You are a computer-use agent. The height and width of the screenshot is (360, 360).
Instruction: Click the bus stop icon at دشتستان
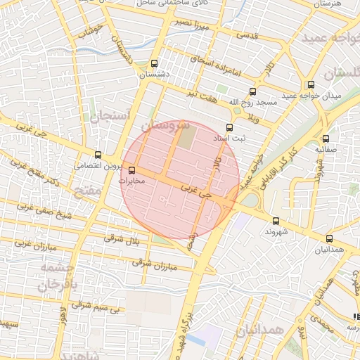click(x=155, y=63)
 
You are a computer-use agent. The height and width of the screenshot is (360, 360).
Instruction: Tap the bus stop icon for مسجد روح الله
click(x=252, y=91)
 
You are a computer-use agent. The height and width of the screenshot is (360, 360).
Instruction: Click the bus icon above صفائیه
click(x=325, y=139)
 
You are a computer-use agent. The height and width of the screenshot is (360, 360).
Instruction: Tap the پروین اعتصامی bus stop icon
click(x=98, y=155)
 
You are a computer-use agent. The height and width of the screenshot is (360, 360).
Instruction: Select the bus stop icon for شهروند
click(x=275, y=221)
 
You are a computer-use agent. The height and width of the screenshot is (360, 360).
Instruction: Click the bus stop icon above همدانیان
click(x=329, y=239)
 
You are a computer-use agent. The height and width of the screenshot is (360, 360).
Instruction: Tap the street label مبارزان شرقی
click(x=153, y=265)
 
